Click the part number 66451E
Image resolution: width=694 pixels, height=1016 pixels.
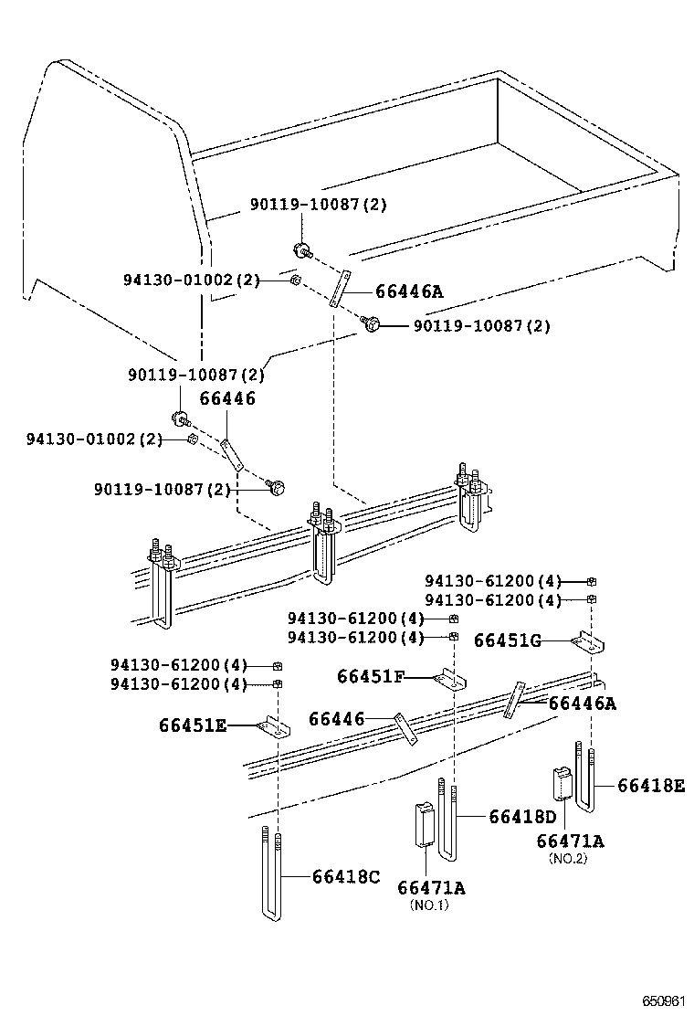point(193,726)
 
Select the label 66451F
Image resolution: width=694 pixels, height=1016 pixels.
point(370,676)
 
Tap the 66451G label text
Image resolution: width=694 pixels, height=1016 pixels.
point(507,640)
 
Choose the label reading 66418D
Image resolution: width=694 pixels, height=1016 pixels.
point(521,816)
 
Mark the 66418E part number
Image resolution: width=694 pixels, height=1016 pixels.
point(650,785)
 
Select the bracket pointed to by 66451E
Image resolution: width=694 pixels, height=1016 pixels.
point(273,727)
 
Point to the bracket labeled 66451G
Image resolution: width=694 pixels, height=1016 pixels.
point(589,643)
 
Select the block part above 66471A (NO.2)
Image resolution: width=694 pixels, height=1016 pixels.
point(561,783)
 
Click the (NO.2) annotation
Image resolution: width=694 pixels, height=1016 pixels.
point(568,858)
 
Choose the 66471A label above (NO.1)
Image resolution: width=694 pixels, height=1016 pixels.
point(431,887)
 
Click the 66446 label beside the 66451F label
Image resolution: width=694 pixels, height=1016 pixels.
point(336,719)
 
